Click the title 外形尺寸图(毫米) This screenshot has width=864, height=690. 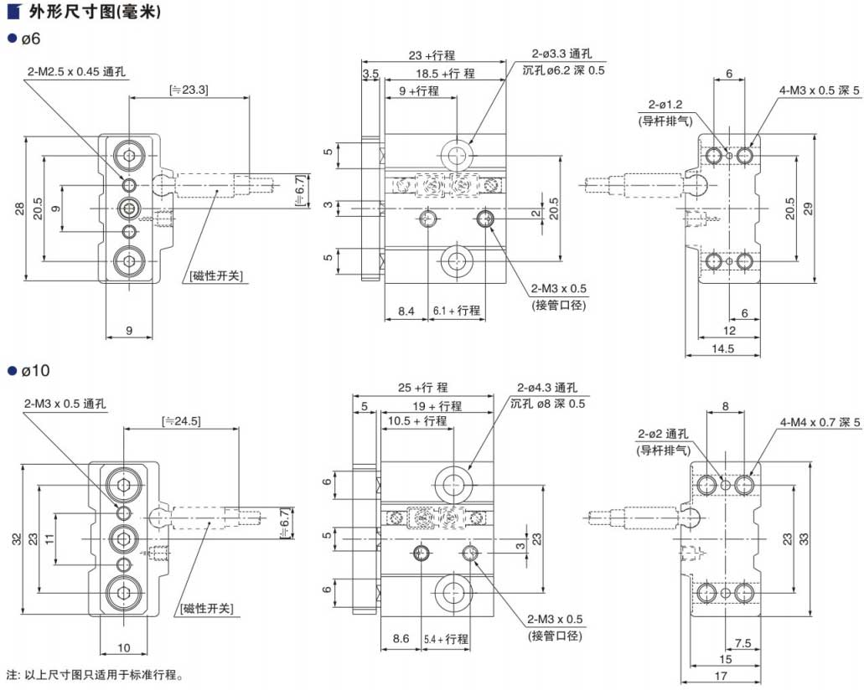(83, 13)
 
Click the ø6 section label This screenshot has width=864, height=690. (29, 39)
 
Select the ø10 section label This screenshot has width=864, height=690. (33, 369)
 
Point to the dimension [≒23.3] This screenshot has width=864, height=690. (189, 89)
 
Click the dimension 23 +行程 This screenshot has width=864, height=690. (432, 55)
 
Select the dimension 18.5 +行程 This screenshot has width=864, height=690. (445, 73)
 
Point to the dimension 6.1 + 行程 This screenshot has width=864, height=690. (457, 311)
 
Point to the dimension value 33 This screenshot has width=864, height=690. (805, 539)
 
